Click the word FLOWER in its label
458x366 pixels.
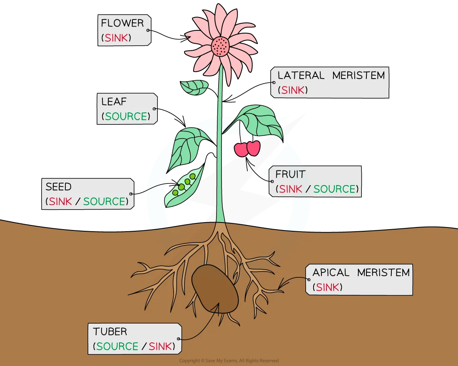tap(122, 23)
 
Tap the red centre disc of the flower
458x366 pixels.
tap(221, 46)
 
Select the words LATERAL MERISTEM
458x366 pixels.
tap(331, 75)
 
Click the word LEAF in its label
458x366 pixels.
tap(114, 101)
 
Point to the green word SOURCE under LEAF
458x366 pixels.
tap(126, 116)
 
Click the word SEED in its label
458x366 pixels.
tap(58, 186)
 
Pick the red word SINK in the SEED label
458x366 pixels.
tap(60, 201)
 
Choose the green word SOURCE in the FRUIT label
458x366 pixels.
tap(335, 189)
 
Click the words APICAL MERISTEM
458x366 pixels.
tap(361, 272)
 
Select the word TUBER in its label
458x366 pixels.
tap(110, 331)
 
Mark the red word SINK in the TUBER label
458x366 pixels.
tap(160, 346)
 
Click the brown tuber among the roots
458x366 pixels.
tap(215, 289)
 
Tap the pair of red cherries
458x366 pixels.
tap(247, 148)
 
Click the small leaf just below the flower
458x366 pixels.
tap(194, 87)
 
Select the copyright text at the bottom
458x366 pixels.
tap(229, 361)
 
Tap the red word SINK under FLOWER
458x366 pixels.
tap(116, 38)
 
